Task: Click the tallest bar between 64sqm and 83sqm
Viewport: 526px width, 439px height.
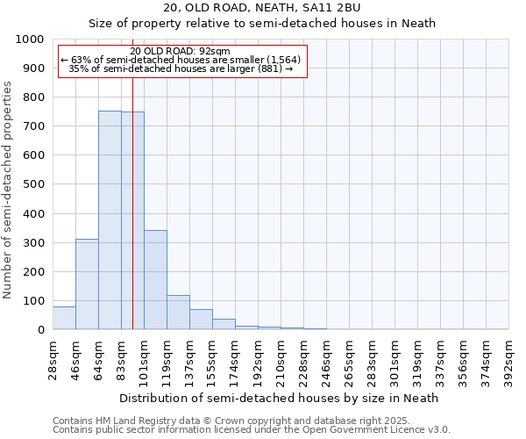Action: point(110,219)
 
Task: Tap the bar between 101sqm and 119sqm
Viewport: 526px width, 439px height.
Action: point(155,279)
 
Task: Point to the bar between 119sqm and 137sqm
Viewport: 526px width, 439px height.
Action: point(178,313)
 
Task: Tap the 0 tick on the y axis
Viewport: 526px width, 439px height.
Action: point(41,330)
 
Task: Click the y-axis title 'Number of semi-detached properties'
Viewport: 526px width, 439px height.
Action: point(8,189)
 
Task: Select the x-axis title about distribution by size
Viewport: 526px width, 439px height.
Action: point(281,398)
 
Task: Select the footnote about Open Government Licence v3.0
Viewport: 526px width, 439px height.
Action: point(252,430)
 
